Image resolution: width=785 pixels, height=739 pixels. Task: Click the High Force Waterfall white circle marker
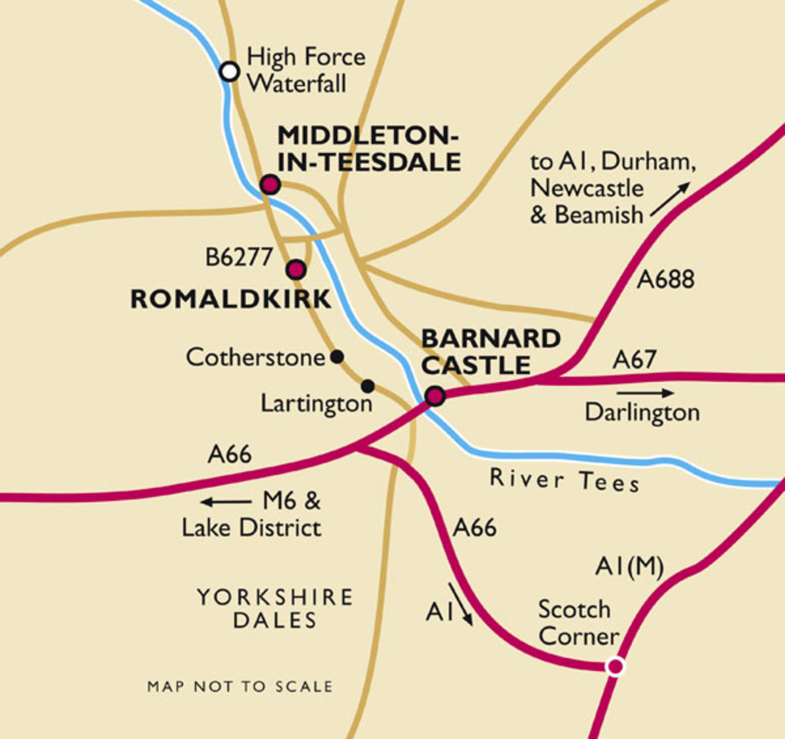pos(229,71)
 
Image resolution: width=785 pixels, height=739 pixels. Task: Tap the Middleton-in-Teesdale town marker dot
pos(270,184)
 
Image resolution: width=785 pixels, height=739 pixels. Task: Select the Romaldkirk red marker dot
pos(296,269)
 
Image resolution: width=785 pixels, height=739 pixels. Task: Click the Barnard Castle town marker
pos(435,396)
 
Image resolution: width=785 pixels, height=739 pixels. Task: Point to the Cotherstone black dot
pos(337,356)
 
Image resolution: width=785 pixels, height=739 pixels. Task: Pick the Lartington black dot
pos(368,385)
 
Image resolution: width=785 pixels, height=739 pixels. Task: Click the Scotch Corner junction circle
pos(615,666)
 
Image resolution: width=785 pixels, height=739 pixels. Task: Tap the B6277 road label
pos(239,257)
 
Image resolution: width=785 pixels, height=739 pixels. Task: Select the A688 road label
pos(666,279)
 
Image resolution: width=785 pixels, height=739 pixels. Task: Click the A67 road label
pos(635,359)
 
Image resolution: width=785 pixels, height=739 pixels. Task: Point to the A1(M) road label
pos(629,566)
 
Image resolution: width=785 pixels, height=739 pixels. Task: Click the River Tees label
pos(565,481)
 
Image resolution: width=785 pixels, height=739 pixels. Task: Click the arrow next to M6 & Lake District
pos(226,502)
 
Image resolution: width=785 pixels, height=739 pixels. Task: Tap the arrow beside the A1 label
pos(461,604)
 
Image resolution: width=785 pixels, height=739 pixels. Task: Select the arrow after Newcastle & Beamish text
pos(670,201)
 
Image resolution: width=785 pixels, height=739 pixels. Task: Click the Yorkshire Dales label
pos(275,608)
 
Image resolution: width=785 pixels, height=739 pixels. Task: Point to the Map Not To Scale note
pos(240,687)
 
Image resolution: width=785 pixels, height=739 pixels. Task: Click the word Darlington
pos(642,413)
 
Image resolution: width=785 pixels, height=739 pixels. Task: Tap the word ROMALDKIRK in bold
pos(231,300)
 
